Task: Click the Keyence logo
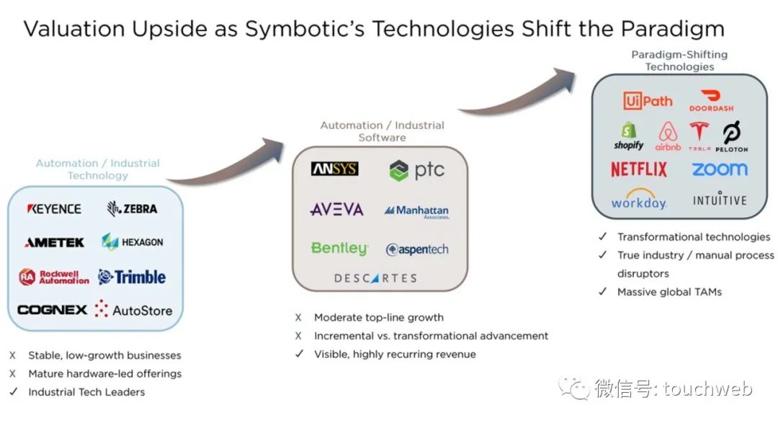[x=54, y=209]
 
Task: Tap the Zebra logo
[x=132, y=209]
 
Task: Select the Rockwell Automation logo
[x=54, y=277]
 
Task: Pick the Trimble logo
[x=132, y=277]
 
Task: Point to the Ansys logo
[x=334, y=169]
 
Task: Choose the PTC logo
[x=417, y=171]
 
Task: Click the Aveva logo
[x=336, y=210]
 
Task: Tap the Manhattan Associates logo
[x=417, y=211]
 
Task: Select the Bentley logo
[x=339, y=249]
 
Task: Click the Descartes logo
[x=375, y=278]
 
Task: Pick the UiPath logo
[x=648, y=102]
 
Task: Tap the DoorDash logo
[x=711, y=101]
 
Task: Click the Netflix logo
[x=639, y=169]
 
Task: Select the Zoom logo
[x=720, y=169]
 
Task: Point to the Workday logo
[x=639, y=202]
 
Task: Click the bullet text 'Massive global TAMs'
[x=669, y=292]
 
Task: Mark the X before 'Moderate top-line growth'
[x=299, y=318]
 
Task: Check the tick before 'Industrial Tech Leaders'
[x=12, y=392]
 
